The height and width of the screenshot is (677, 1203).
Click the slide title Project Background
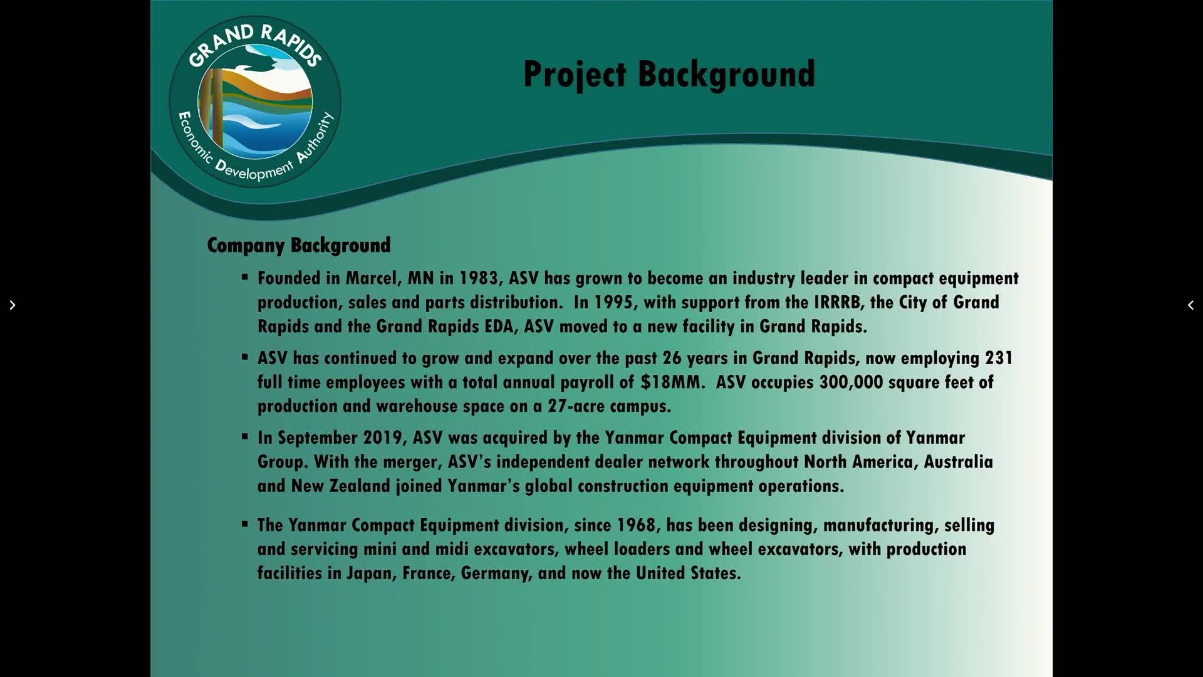coord(669,75)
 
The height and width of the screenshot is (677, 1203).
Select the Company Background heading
coord(299,245)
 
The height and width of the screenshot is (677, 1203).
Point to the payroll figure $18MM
coord(670,382)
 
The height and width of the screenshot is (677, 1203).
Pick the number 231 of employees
coord(999,358)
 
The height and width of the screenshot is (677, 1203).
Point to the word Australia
coord(959,462)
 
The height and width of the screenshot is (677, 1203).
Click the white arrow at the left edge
coord(12,305)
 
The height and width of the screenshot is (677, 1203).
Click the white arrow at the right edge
coord(1190,305)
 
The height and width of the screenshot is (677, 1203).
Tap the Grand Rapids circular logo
coord(255,102)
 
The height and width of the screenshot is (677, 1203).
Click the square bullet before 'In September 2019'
coord(245,436)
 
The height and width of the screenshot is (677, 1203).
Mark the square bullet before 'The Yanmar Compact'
coord(245,523)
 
